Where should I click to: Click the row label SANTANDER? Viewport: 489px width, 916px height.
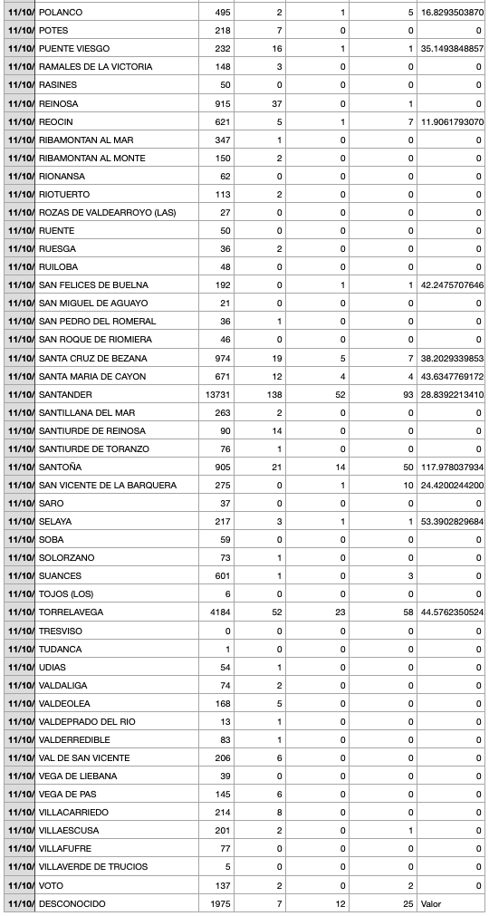point(66,394)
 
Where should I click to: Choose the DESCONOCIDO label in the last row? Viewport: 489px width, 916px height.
point(72,903)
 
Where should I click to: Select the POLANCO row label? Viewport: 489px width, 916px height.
point(60,13)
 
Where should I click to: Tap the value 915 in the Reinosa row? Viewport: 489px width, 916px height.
point(222,103)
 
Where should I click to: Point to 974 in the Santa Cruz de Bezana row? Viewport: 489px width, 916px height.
point(222,358)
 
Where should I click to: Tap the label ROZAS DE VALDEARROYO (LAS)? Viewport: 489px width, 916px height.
point(107,213)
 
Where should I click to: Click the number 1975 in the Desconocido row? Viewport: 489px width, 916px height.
point(220,903)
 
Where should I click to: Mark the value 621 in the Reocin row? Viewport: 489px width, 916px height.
point(222,121)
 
